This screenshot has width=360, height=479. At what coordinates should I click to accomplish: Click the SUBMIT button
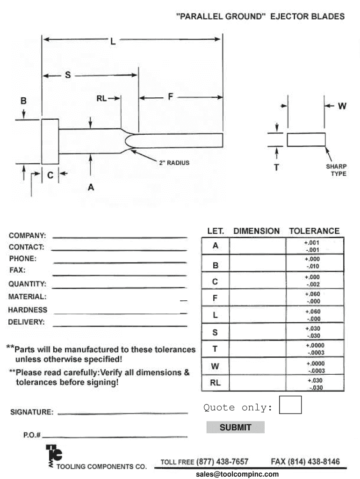tap(235, 427)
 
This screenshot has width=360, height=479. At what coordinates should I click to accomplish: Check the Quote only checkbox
tap(290, 405)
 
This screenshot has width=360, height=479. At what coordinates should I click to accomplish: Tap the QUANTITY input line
tap(119, 285)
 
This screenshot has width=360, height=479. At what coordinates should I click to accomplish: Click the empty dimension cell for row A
tap(257, 246)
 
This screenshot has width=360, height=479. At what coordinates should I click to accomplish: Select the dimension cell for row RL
tap(257, 383)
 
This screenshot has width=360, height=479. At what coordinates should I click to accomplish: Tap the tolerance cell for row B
tap(314, 262)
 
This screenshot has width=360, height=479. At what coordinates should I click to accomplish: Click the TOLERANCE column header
tap(314, 231)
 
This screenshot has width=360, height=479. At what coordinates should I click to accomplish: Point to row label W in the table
tap(215, 366)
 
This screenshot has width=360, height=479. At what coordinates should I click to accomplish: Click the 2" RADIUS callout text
tap(174, 163)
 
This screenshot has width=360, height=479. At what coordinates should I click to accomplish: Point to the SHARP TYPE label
tap(336, 170)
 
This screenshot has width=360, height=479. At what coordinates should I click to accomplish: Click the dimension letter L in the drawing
tap(113, 41)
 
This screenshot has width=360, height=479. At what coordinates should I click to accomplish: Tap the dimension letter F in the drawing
tap(170, 97)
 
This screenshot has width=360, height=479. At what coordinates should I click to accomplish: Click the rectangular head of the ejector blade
tap(50, 141)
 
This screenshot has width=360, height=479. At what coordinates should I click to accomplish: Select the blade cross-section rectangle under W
tap(306, 139)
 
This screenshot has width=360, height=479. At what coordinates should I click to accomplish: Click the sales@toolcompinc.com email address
tap(237, 474)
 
